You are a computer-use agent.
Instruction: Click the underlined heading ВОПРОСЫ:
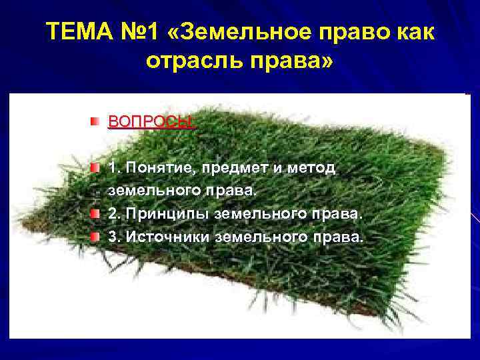point(151,122)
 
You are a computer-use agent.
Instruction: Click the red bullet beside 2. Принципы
point(97,213)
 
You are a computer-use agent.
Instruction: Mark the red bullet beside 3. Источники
point(97,237)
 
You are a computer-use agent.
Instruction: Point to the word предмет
point(231,167)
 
